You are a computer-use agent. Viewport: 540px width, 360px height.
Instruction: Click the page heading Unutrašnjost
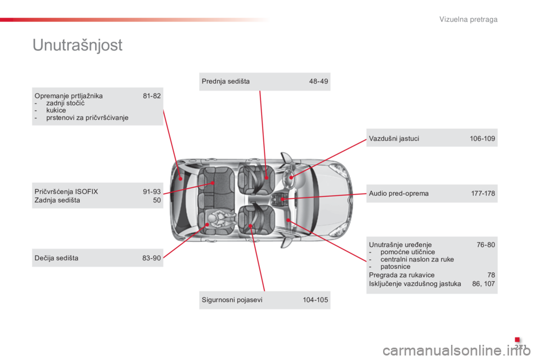click(x=78, y=45)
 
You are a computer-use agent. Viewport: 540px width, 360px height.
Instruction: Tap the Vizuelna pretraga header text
click(x=468, y=19)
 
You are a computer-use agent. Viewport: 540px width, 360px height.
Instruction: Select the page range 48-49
click(x=318, y=82)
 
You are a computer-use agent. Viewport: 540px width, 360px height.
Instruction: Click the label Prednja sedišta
click(x=226, y=82)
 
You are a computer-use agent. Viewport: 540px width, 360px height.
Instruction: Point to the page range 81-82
click(x=152, y=96)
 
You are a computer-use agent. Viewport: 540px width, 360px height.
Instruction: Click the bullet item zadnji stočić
click(x=65, y=103)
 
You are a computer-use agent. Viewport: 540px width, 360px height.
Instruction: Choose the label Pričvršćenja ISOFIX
click(x=66, y=192)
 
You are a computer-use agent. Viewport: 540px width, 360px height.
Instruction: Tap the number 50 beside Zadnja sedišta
click(x=157, y=200)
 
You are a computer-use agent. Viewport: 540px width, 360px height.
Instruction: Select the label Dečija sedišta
click(x=56, y=258)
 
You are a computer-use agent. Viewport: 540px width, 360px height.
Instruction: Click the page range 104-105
click(x=316, y=300)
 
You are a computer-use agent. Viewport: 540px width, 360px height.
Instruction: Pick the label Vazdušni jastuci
click(x=394, y=138)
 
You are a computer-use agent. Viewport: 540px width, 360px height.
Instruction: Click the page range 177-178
click(x=483, y=193)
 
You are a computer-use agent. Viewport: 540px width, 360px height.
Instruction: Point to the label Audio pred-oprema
click(x=399, y=193)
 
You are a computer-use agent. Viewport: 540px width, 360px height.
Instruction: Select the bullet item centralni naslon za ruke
click(x=417, y=259)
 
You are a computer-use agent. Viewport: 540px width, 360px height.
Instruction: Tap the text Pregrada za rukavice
click(x=402, y=275)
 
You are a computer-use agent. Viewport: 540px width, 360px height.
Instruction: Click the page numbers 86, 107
click(x=484, y=284)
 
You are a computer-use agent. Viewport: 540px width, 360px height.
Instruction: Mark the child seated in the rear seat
click(x=221, y=218)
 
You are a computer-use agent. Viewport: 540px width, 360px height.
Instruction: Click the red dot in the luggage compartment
click(x=181, y=179)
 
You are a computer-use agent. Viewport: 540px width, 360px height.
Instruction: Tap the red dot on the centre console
click(x=282, y=199)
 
